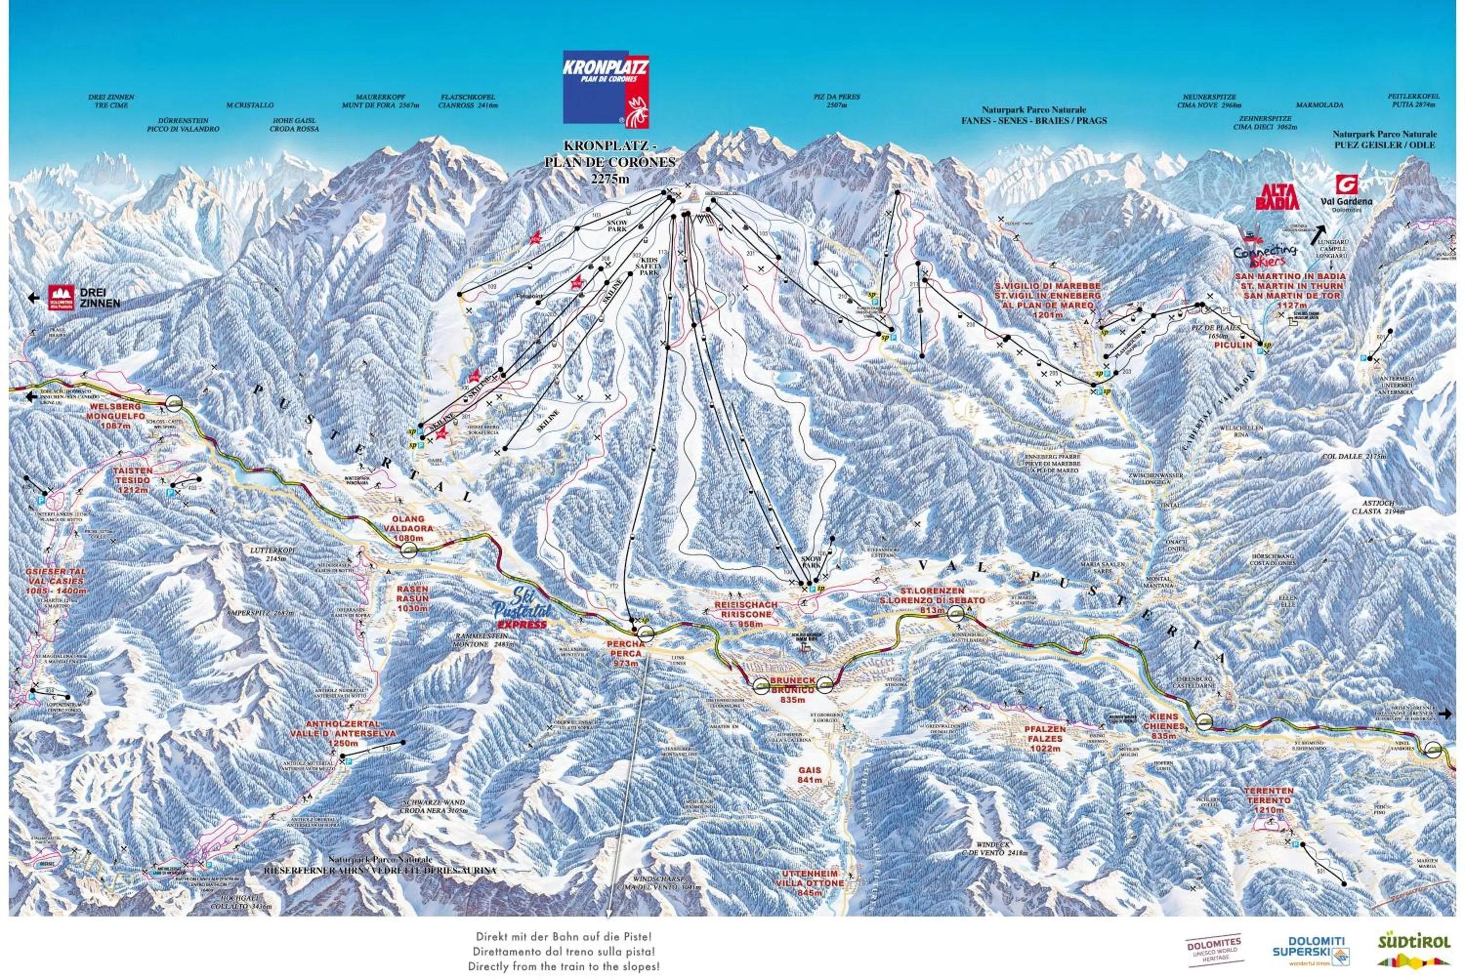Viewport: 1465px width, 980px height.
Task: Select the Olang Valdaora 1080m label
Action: [408, 528]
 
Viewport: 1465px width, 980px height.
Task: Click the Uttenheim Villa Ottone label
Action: [809, 882]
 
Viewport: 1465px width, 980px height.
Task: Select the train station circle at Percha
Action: [646, 634]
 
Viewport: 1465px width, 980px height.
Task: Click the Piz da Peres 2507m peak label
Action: [837, 101]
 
